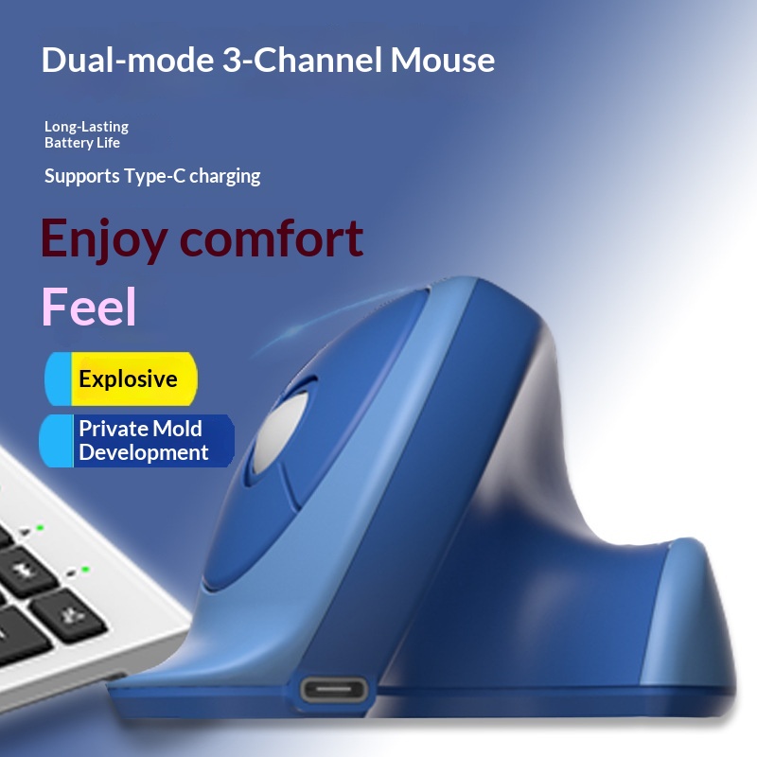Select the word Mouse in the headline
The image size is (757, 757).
(x=443, y=61)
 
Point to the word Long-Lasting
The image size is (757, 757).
(x=86, y=127)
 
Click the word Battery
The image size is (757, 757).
(x=68, y=143)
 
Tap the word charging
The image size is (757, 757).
(x=225, y=177)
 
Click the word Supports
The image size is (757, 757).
(x=82, y=177)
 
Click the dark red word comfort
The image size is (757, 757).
(x=272, y=238)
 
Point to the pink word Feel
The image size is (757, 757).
(x=90, y=307)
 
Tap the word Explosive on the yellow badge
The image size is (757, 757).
(x=128, y=379)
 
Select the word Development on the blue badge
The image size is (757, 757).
(x=143, y=452)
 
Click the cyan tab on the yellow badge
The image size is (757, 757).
(x=59, y=378)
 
